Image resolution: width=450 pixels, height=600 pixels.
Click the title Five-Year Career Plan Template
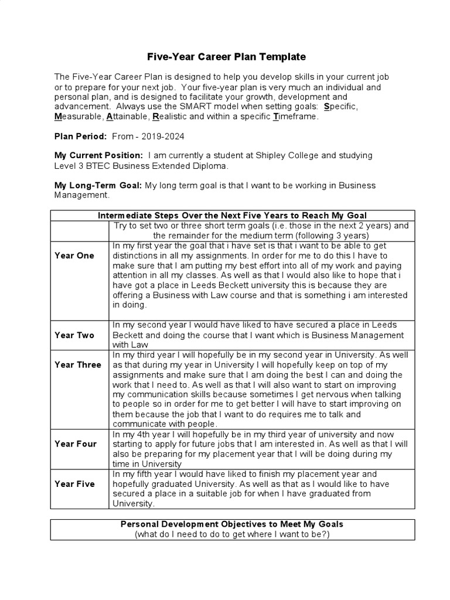tap(226, 57)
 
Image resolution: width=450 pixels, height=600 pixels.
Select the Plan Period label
tap(80, 136)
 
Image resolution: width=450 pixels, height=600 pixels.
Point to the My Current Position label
tap(98, 155)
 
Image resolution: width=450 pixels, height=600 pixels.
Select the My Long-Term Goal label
tap(98, 185)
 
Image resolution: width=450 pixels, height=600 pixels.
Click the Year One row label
tap(74, 255)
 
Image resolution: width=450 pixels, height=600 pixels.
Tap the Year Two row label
tap(74, 335)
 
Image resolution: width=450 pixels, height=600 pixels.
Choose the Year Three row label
tap(78, 364)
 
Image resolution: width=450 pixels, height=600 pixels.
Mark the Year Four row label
tap(76, 444)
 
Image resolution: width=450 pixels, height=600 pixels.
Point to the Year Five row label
tap(74, 484)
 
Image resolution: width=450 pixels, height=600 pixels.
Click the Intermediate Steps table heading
tap(232, 216)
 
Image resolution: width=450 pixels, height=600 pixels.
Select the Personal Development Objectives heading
tap(232, 524)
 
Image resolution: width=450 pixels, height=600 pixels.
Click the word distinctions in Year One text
tap(138, 255)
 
